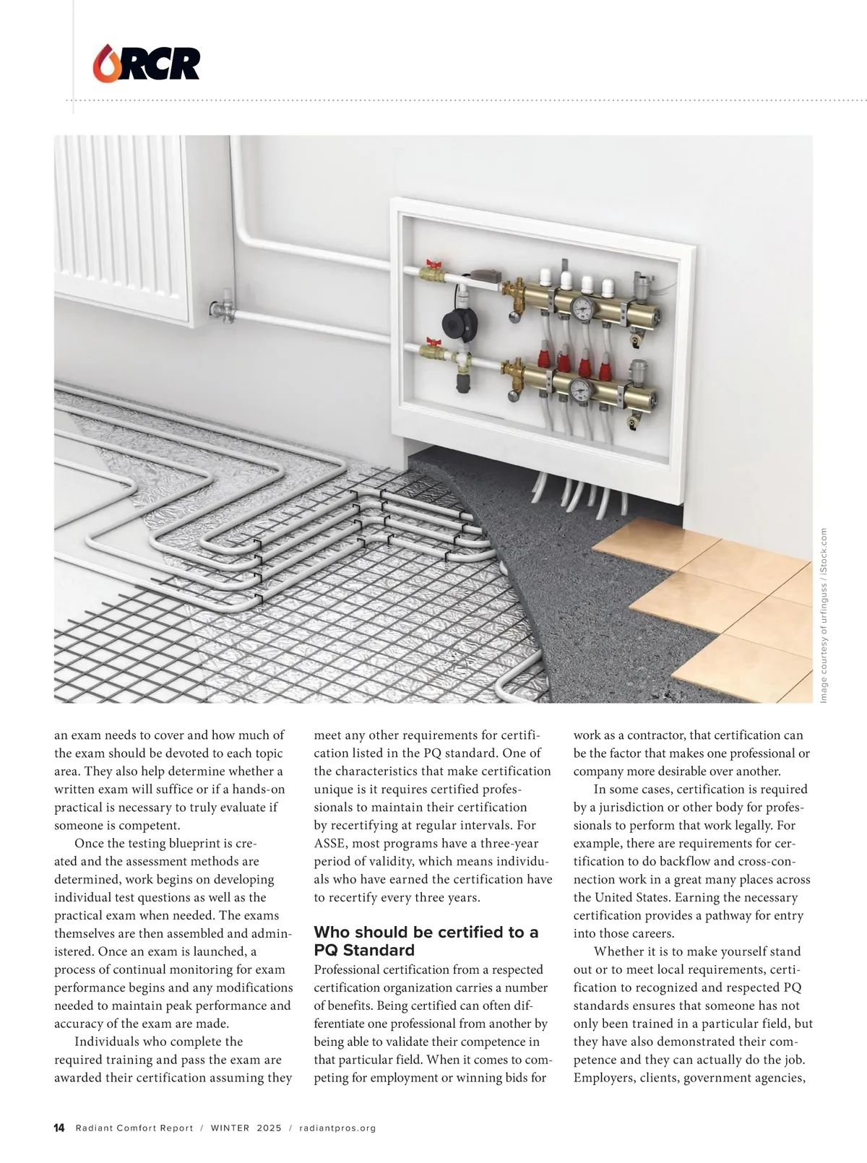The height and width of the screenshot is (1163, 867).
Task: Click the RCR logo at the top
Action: coord(147,63)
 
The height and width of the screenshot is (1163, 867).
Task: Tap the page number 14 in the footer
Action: coord(59,1128)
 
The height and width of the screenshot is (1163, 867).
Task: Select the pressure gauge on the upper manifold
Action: coord(580,307)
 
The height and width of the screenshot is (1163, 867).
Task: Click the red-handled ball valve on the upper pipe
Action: coord(434,272)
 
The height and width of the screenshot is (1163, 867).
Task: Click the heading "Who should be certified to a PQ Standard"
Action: coord(426,941)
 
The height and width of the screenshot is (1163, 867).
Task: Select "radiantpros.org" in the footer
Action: coord(337,1128)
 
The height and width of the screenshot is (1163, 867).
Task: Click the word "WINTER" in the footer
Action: coord(230,1128)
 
